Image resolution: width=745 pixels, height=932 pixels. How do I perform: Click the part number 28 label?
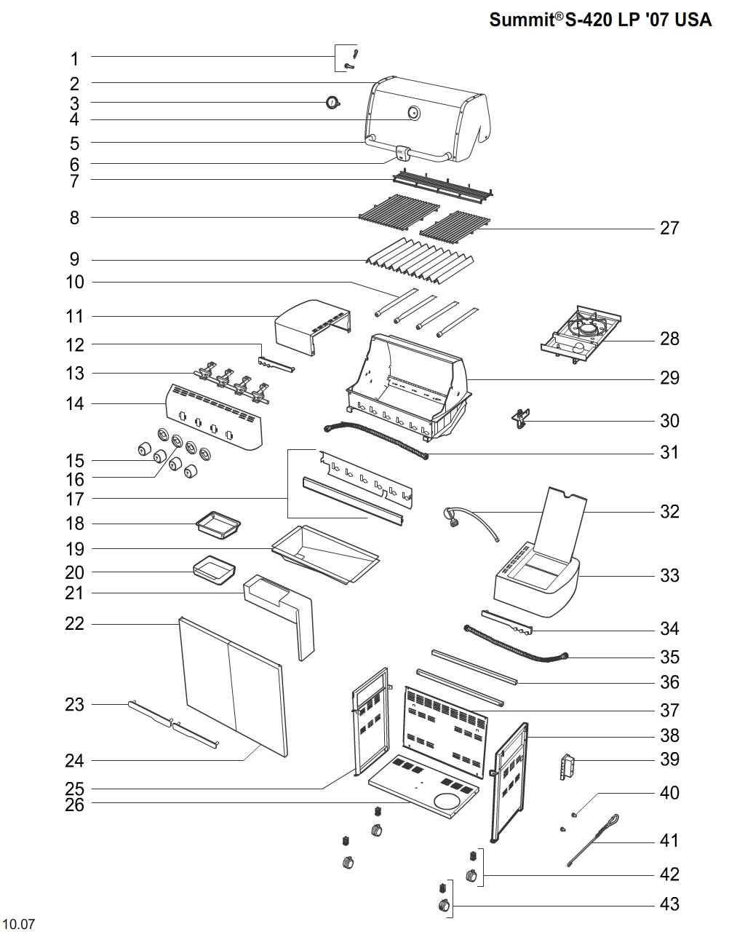669,339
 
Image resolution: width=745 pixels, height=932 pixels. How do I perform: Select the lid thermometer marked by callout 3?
332,103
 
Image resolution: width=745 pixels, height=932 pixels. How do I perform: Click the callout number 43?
669,904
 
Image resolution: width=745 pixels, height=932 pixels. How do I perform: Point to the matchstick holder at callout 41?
593,841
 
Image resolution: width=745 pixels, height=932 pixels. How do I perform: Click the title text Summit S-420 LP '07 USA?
600,20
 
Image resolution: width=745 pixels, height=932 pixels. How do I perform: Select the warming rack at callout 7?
443,186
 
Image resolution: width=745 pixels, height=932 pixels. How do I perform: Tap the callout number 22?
75,624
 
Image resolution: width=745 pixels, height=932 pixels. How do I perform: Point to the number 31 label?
669,452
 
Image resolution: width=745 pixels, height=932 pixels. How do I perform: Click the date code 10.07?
18,925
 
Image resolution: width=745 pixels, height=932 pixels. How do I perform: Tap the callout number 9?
75,259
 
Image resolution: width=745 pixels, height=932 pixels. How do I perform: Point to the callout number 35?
669,657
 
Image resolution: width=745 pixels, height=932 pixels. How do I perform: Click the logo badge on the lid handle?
402,153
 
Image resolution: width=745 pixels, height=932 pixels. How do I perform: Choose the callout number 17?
75,499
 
